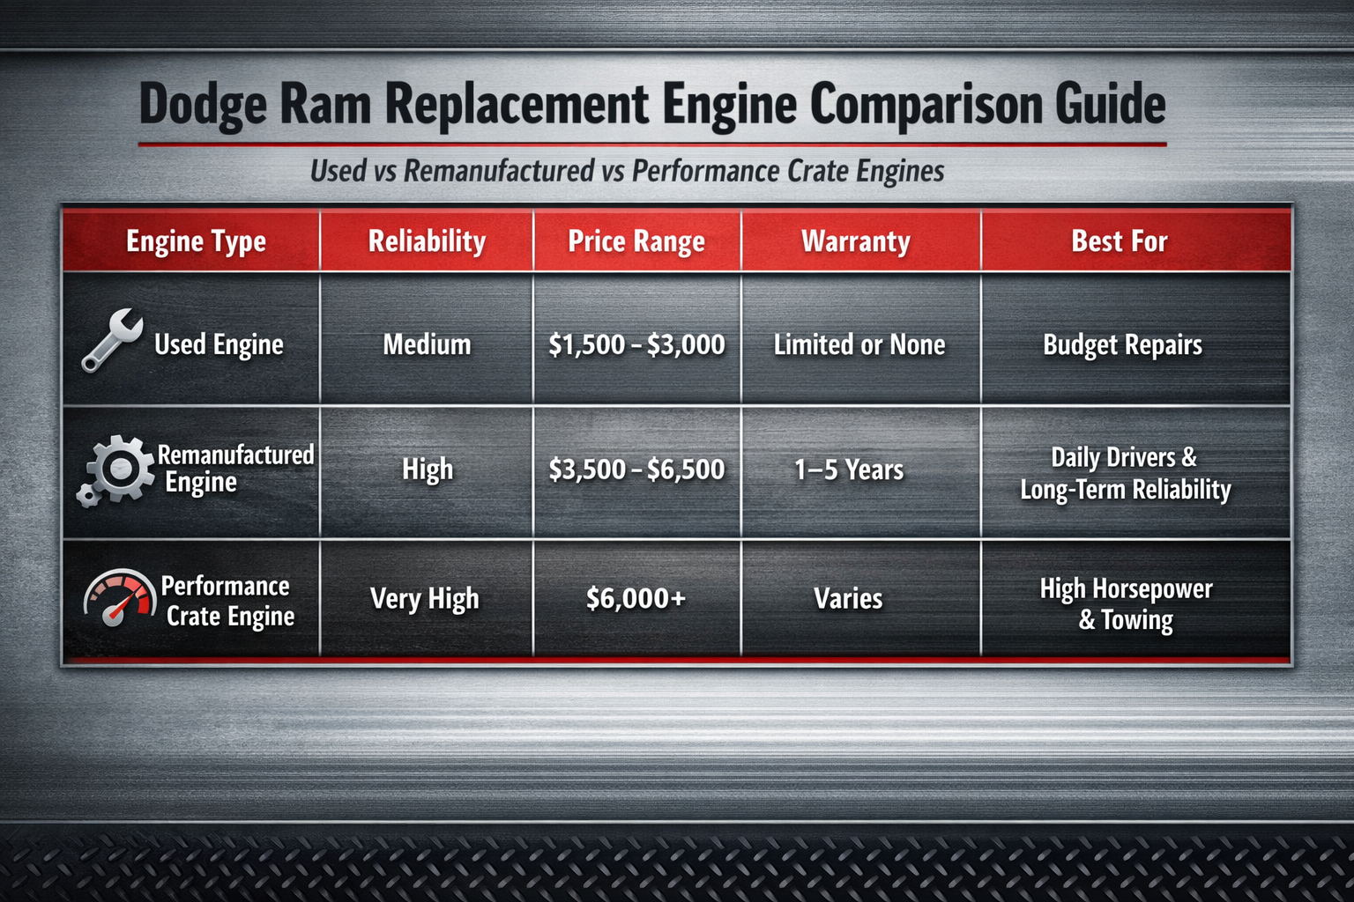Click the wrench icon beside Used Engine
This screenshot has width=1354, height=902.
pyautogui.click(x=112, y=340)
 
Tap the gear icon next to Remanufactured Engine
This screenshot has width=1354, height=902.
pyautogui.click(x=115, y=469)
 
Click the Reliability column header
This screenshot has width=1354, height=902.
pyautogui.click(x=427, y=241)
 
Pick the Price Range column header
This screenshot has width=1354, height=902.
pyautogui.click(x=636, y=241)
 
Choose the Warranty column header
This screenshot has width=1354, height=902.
pyautogui.click(x=856, y=241)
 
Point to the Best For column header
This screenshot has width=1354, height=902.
pyautogui.click(x=1120, y=241)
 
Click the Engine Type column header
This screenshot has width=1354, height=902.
pyautogui.click(x=196, y=241)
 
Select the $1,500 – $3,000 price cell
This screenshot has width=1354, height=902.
pyautogui.click(x=636, y=344)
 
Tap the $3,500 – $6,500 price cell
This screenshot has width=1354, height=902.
pyautogui.click(x=636, y=469)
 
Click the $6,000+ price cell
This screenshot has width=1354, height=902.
pyautogui.click(x=636, y=599)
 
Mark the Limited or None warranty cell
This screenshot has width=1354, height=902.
pyautogui.click(x=859, y=344)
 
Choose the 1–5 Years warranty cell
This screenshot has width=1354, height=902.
pyautogui.click(x=849, y=469)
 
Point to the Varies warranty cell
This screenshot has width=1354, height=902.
pyautogui.click(x=848, y=599)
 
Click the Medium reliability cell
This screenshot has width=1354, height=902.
pyautogui.click(x=427, y=344)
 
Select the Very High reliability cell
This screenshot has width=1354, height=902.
pyautogui.click(x=425, y=599)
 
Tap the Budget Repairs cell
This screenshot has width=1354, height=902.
pyautogui.click(x=1122, y=344)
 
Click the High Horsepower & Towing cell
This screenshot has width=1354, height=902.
pyautogui.click(x=1126, y=604)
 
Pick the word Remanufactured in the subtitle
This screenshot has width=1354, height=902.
pyautogui.click(x=499, y=171)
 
